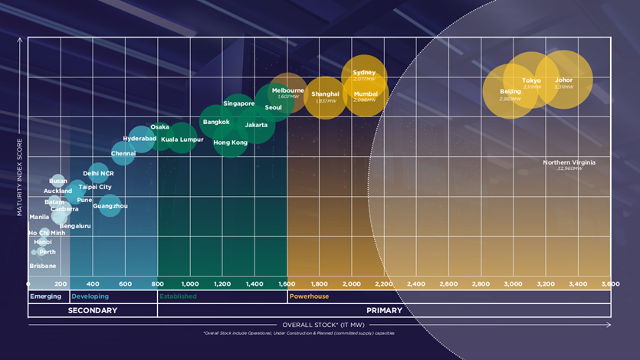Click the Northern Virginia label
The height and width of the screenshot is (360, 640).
569,162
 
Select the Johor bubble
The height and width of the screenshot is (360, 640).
564,80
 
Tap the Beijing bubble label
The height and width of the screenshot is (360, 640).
510,92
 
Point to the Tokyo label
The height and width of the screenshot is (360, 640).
531,80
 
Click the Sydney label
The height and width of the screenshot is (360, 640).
364,73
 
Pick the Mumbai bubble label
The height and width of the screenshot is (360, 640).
366,93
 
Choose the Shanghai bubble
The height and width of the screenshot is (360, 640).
326,97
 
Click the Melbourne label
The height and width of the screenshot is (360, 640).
288,90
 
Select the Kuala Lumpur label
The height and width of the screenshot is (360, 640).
182,139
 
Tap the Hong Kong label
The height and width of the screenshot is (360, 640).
231,142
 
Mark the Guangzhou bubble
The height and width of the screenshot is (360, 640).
110,205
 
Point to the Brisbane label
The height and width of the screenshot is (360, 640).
43,266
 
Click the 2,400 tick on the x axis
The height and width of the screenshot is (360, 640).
416,283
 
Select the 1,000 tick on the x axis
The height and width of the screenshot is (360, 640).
190,283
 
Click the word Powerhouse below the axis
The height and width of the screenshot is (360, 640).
306,296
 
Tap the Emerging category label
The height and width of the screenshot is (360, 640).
45,296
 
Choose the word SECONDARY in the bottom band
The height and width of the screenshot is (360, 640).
93,310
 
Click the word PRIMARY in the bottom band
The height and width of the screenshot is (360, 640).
384,310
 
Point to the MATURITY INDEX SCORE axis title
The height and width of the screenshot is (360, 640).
21,175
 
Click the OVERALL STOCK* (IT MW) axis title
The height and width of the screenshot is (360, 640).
319,325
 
